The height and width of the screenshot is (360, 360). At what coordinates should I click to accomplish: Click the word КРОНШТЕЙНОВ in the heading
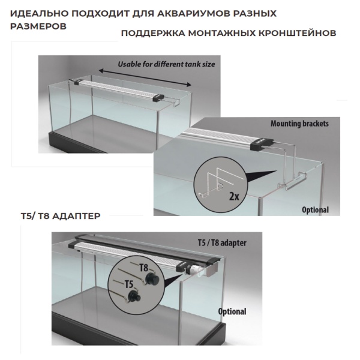(x=299, y=32)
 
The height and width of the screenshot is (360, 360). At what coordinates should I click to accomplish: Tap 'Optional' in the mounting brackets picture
(x=314, y=210)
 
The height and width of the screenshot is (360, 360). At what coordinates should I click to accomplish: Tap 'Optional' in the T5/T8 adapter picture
(x=231, y=311)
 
